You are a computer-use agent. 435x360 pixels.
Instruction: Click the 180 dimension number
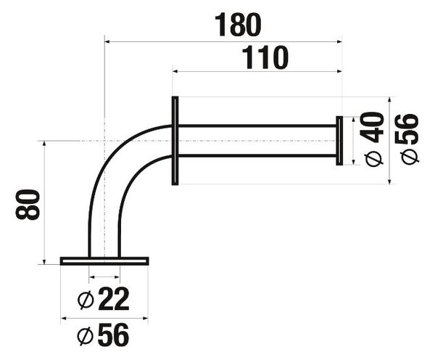click(x=238, y=25)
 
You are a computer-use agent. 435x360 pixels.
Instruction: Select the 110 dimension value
click(x=265, y=57)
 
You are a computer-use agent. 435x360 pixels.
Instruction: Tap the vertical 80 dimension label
click(x=28, y=205)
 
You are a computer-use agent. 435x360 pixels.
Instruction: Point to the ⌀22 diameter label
click(x=103, y=298)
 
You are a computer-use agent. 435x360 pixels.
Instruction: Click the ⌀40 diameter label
click(x=371, y=139)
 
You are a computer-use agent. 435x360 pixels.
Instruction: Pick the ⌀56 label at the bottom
click(x=103, y=335)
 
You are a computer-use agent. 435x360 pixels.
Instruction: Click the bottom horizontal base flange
click(x=104, y=261)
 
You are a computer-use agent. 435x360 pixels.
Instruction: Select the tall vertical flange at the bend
click(x=175, y=141)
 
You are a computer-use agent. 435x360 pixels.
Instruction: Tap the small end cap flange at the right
click(x=339, y=141)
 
